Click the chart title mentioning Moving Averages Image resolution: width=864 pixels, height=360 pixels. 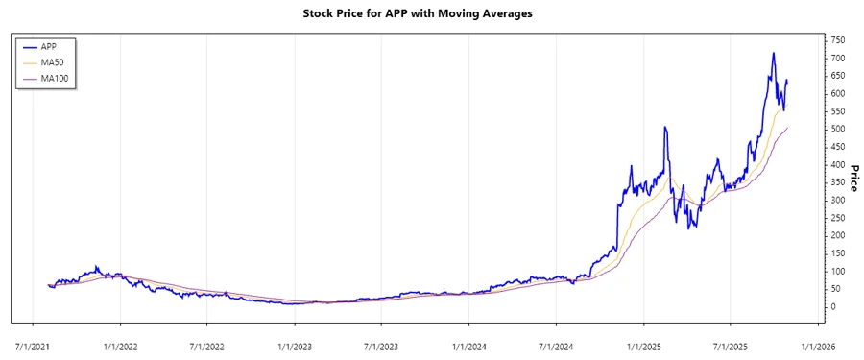pos(431,14)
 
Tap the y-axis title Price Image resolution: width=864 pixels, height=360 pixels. pos(852,180)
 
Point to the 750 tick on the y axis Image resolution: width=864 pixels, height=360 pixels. pos(838,40)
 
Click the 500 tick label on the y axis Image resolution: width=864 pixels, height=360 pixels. pos(838,129)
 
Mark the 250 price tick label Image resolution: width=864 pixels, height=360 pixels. pos(838,218)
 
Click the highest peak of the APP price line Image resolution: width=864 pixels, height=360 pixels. pos(773,53)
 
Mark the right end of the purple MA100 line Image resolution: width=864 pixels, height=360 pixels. pos(788,128)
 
